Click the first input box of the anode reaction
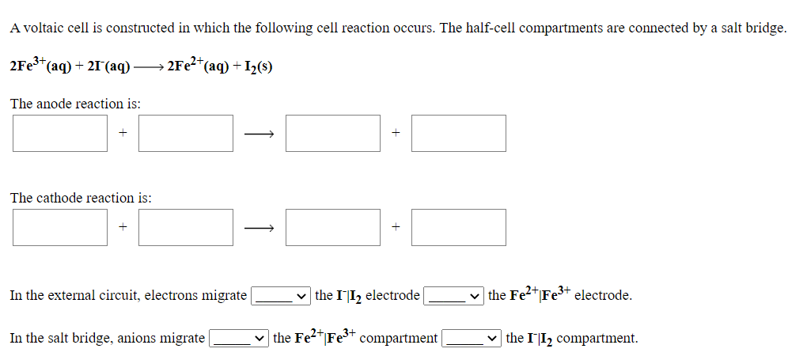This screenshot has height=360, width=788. click(x=60, y=133)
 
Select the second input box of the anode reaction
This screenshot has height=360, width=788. click(x=186, y=133)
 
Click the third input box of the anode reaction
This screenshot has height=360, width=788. click(x=333, y=133)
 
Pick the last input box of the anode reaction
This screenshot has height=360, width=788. click(x=459, y=133)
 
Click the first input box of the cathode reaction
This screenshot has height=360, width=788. click(x=60, y=227)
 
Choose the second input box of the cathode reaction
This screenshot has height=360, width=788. click(x=186, y=227)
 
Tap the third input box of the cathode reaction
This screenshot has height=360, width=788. click(x=333, y=227)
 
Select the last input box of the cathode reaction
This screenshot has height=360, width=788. click(x=459, y=227)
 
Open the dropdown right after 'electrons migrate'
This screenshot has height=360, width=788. click(x=281, y=296)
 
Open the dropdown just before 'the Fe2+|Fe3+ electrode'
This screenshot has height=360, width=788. click(x=454, y=296)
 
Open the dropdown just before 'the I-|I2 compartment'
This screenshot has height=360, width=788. click(x=472, y=339)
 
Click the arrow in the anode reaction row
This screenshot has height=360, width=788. click(x=259, y=135)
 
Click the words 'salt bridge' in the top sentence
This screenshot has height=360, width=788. click(x=751, y=28)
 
